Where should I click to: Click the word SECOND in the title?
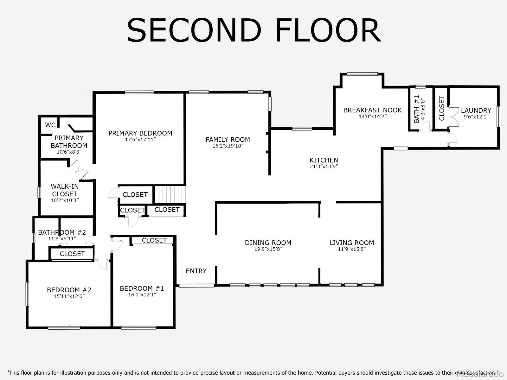194,30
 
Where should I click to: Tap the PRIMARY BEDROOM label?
140,133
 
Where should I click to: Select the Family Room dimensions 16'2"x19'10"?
228,146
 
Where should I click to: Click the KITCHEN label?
324,160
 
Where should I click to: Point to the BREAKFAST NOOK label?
373,110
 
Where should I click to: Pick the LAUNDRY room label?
476,110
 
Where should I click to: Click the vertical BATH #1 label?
416,109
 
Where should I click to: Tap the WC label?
50,125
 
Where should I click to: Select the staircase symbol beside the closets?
170,194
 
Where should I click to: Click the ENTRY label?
196,271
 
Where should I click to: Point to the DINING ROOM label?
268,243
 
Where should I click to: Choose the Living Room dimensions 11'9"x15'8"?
352,249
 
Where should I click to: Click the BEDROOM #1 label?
142,288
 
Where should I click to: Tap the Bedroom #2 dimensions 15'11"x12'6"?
69,296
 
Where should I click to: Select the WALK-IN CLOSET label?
65,190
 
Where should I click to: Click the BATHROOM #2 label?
62,232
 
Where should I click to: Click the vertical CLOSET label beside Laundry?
442,108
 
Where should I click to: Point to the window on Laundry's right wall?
498,117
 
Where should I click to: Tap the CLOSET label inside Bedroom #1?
154,240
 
